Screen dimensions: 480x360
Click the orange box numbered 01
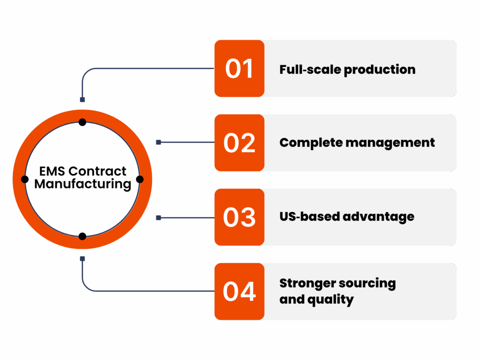(240, 68)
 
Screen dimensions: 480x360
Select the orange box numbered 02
(240, 142)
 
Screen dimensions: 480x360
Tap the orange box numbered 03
(240, 217)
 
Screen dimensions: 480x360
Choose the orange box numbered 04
(240, 292)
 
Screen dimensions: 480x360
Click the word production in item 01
(380, 70)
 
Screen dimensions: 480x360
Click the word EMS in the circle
(52, 171)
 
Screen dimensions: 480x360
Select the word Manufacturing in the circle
(82, 184)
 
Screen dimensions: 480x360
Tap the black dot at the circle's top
(82, 122)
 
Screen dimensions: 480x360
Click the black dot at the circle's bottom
(82, 236)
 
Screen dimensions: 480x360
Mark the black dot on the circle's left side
(25, 180)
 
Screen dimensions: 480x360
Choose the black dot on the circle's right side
(140, 180)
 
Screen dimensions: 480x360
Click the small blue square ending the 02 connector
(158, 142)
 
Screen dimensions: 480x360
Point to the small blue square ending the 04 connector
(82, 259)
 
